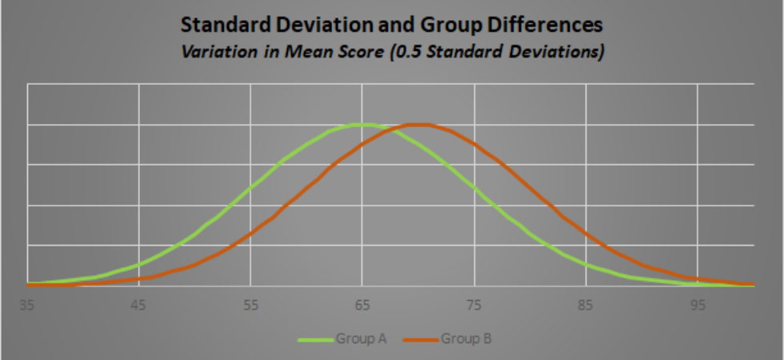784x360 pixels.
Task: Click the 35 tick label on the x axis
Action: pos(27,305)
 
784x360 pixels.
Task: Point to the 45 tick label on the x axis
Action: pos(139,305)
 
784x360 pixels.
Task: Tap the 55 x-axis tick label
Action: pos(251,305)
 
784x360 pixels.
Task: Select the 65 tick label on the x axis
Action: pos(362,305)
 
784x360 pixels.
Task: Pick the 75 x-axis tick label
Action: pos(474,305)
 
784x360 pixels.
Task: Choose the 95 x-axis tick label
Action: pos(698,305)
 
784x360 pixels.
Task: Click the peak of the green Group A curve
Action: pos(362,124)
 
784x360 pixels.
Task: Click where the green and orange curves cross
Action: pos(390,129)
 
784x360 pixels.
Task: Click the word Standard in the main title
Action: pos(222,25)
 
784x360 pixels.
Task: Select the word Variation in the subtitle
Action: pos(213,51)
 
